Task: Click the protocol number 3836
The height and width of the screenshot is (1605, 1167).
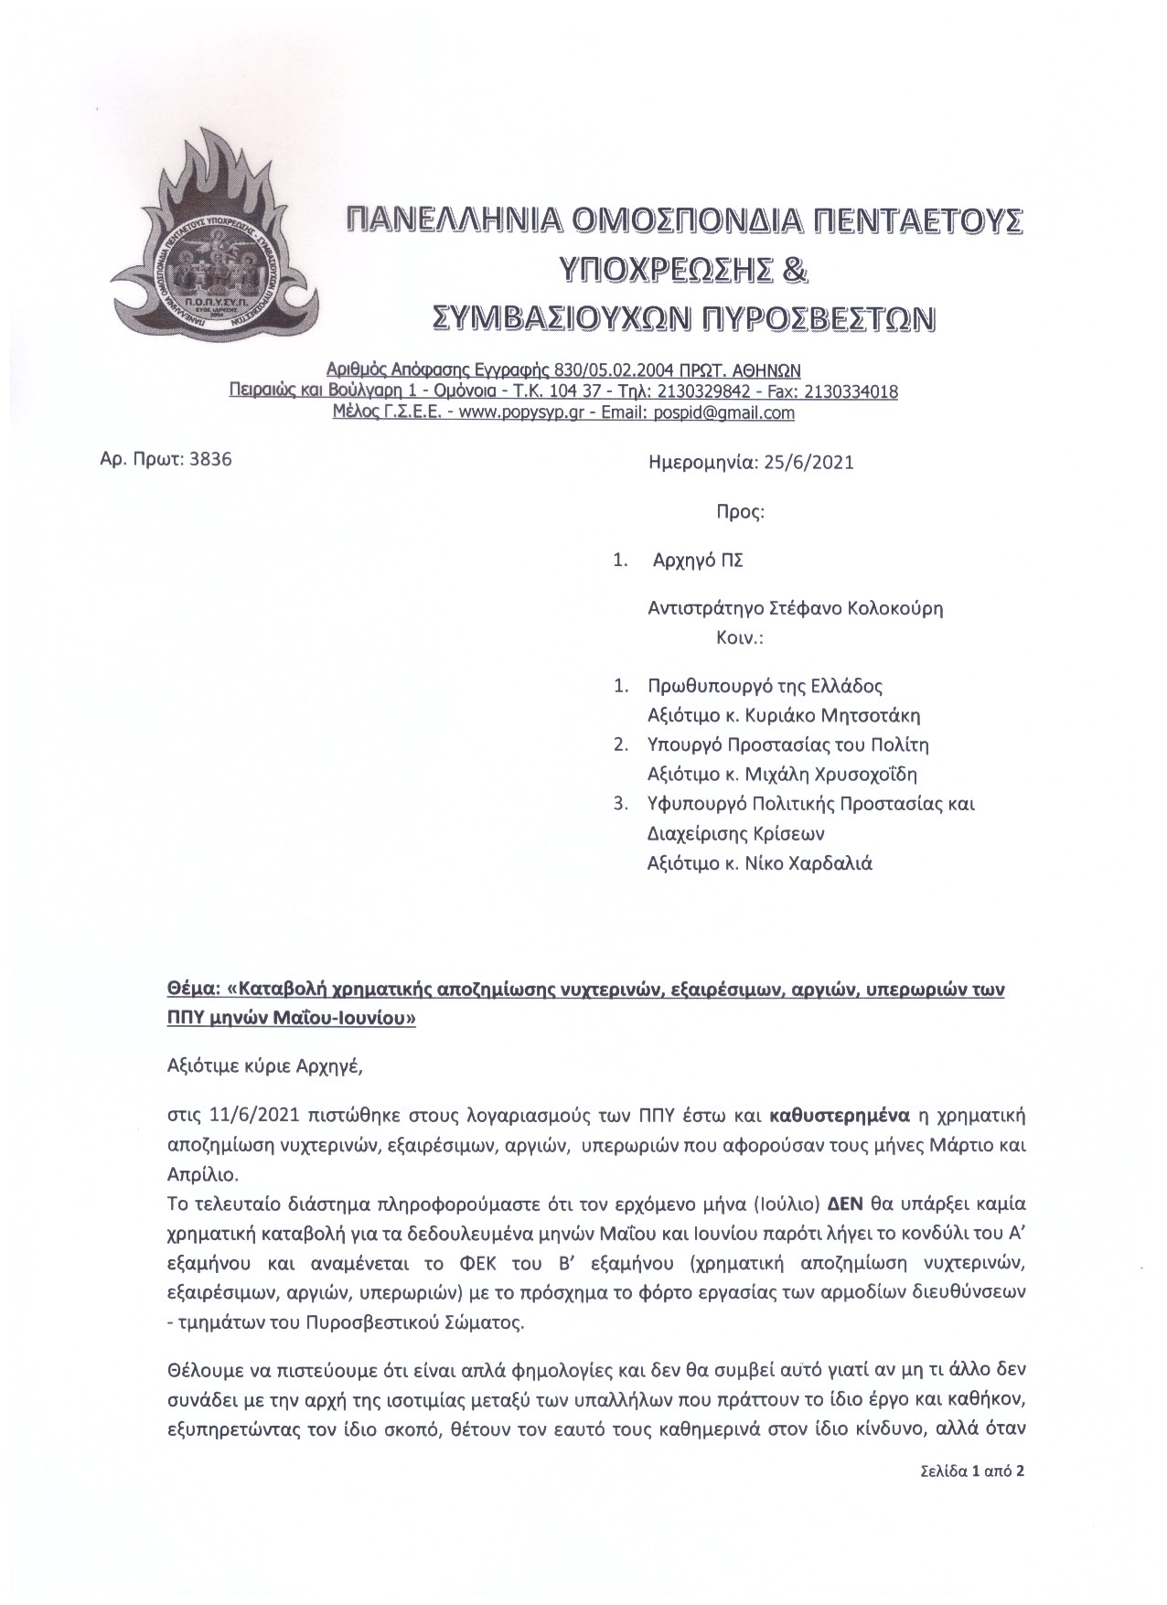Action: click(209, 459)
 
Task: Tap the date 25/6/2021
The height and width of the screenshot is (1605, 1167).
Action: click(805, 462)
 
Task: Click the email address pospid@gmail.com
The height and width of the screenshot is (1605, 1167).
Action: click(724, 412)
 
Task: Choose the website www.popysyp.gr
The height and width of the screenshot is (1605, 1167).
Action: click(506, 412)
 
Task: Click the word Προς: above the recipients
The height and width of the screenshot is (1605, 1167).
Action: click(740, 511)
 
